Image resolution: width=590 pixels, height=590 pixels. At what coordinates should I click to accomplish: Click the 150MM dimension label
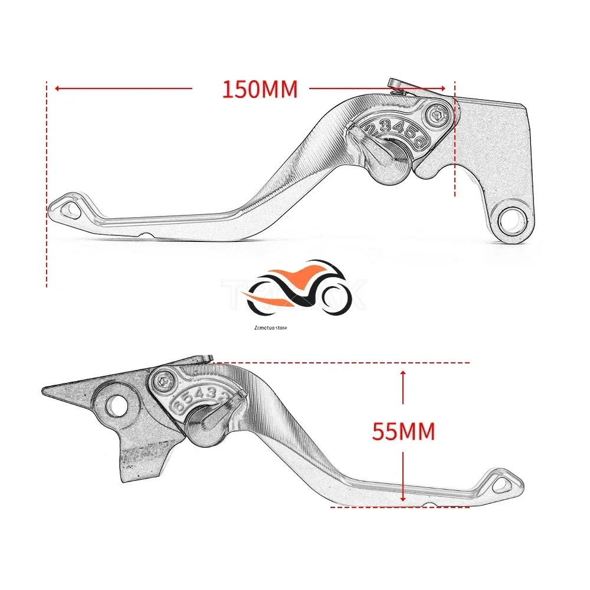(260, 89)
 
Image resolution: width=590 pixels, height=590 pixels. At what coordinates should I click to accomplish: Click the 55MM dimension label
(404, 432)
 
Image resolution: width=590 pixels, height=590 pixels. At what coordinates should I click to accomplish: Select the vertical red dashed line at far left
(46, 183)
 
